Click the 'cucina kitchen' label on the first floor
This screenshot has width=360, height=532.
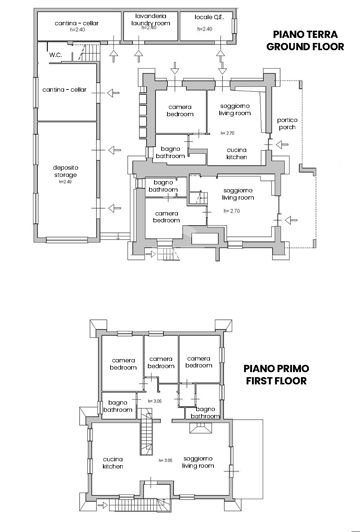coord(113,465)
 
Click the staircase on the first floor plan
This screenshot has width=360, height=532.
coord(149,436)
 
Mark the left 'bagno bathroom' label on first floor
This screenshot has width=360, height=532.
coord(116,405)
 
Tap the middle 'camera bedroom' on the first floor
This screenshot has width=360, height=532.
coord(161,363)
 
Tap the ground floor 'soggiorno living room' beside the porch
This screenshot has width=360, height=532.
coord(236,111)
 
